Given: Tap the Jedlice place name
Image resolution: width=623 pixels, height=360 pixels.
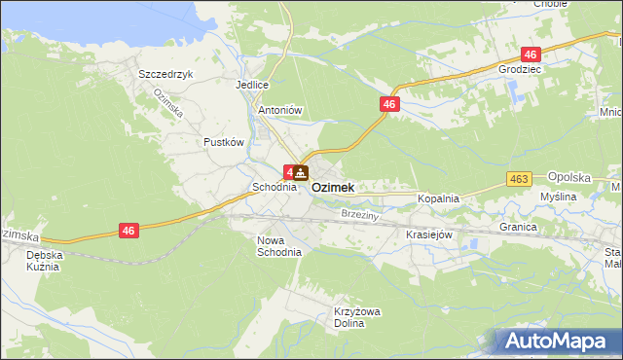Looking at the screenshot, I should click(251, 85).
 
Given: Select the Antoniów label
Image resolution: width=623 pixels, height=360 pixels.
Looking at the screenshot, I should click(280, 111).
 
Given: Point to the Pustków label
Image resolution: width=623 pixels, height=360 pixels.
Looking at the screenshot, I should click(223, 142).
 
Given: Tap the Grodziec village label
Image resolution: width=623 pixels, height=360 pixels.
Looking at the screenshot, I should click(518, 71).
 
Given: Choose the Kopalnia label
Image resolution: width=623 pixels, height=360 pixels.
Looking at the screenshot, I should click(438, 198).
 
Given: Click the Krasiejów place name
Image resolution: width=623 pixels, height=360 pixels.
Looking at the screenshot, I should click(426, 235).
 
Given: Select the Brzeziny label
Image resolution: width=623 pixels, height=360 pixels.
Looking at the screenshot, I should click(359, 213).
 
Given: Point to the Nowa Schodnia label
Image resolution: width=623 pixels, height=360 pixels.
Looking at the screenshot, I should click(279, 245).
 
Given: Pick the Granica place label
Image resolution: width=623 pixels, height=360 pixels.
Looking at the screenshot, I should click(519, 227).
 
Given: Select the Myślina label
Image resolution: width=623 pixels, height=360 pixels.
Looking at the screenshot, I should click(559, 197).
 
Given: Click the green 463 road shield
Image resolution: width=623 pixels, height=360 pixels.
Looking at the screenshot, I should click(519, 179).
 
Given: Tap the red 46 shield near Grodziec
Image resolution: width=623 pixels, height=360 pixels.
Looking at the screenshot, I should click(531, 54).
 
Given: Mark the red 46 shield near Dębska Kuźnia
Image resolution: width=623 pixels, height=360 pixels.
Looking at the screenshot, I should click(129, 230).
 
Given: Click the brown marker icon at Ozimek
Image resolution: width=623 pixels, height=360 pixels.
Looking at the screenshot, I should click(301, 174).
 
